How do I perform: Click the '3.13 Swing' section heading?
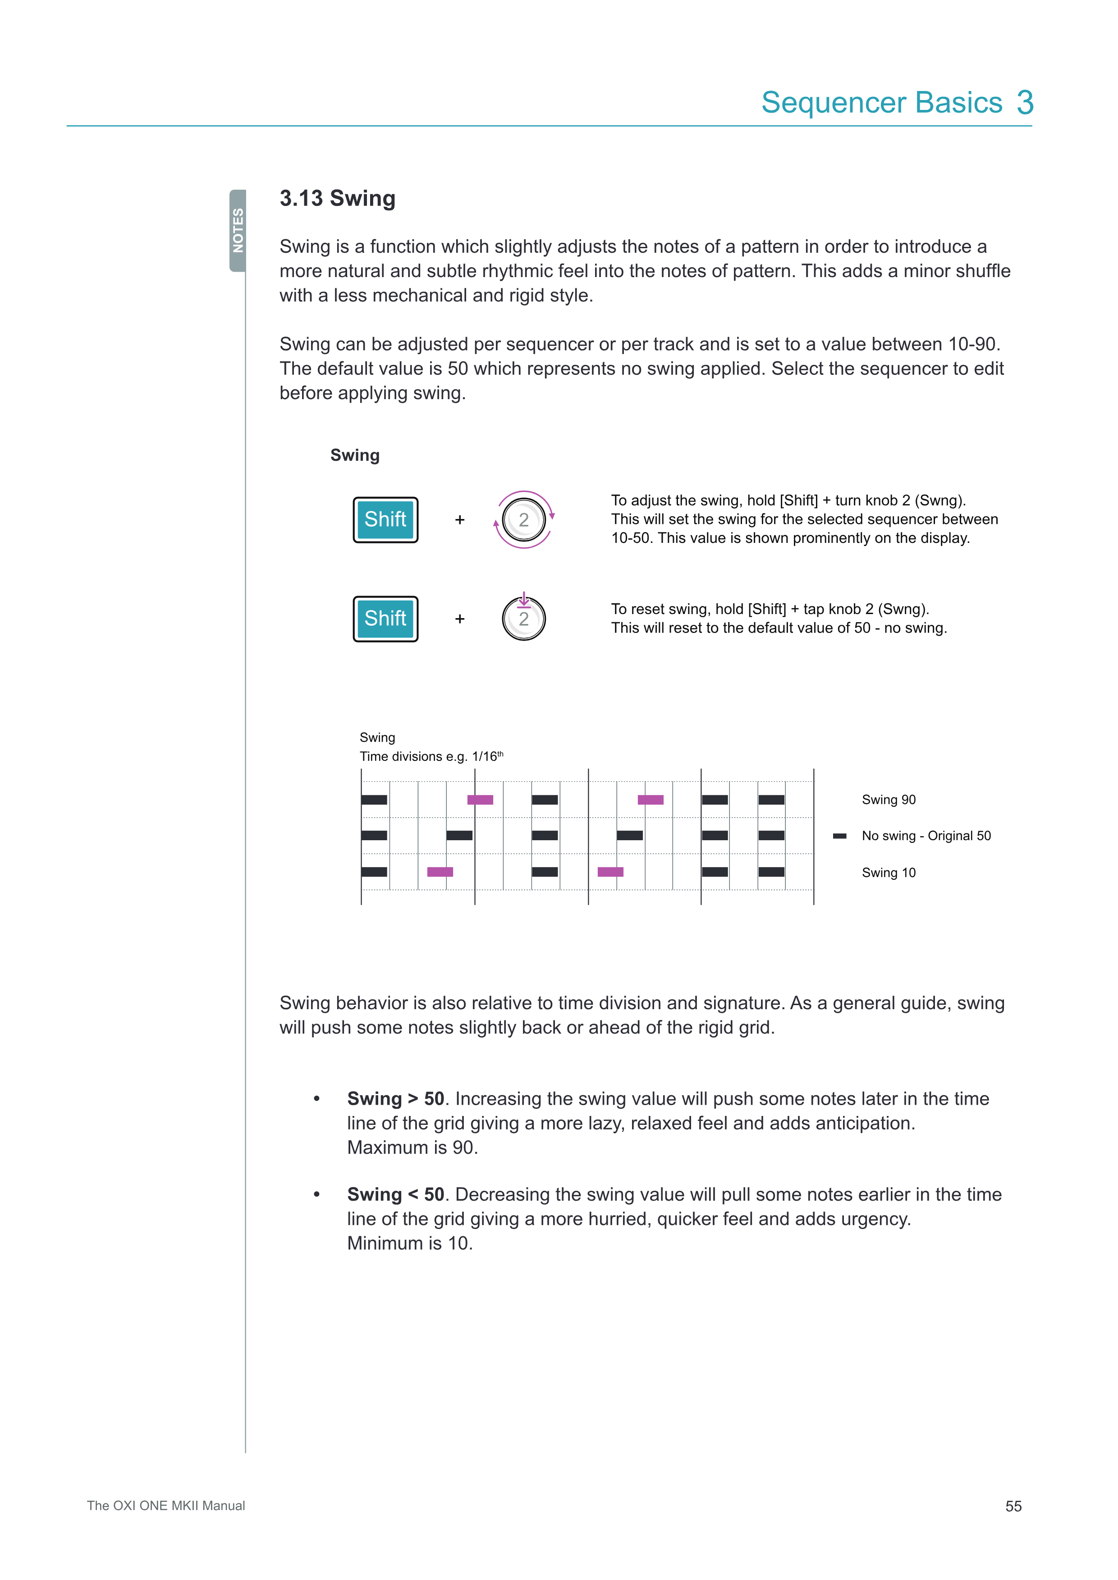[337, 198]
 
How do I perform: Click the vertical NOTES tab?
[238, 231]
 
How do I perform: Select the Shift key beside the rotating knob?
[385, 519]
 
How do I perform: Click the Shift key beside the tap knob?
[385, 619]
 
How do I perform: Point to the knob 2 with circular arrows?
[524, 519]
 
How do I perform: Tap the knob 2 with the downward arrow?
[524, 619]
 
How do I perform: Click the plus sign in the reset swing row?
[460, 619]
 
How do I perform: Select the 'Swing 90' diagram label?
[888, 800]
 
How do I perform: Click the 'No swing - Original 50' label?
[926, 835]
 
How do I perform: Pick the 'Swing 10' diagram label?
[888, 873]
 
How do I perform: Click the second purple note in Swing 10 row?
[610, 872]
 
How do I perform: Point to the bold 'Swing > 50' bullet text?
[395, 1098]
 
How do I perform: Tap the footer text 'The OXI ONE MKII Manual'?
[166, 1506]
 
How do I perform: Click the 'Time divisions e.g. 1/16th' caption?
[431, 756]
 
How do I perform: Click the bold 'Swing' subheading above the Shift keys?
[354, 455]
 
